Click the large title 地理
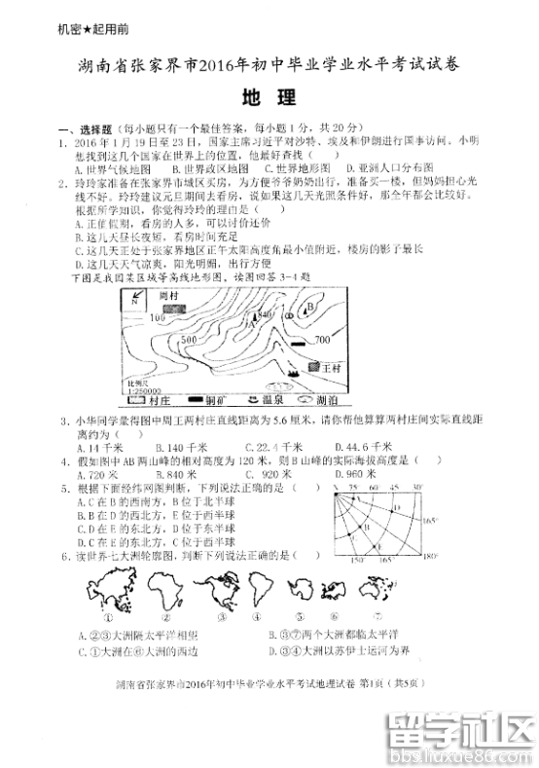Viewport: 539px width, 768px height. (269, 97)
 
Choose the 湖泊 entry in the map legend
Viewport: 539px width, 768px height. (322, 399)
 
